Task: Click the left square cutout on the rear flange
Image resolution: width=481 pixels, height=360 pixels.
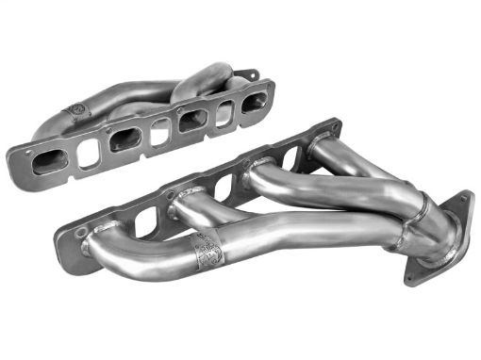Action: click(x=89, y=151)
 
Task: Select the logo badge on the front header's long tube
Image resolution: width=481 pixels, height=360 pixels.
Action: click(x=206, y=250)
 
